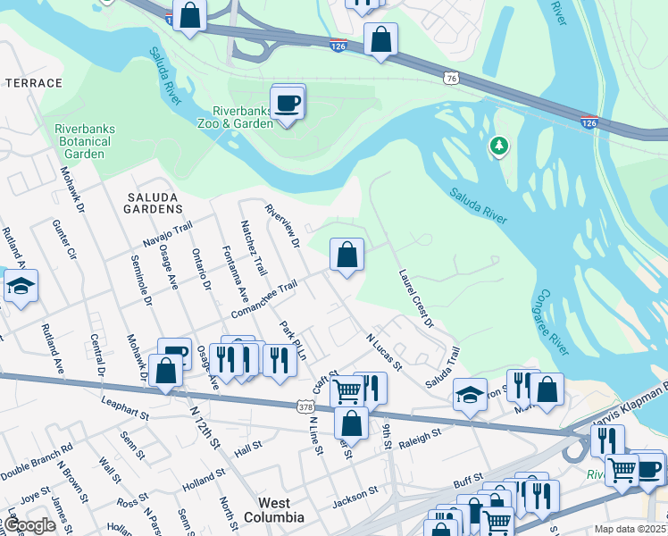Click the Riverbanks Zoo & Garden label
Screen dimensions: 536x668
(x=235, y=118)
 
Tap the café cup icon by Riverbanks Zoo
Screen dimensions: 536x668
(x=288, y=104)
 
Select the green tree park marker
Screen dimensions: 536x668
(x=499, y=146)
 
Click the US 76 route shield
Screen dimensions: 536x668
(x=452, y=79)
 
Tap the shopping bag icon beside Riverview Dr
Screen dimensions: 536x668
(x=347, y=255)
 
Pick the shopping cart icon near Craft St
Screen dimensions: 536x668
(x=347, y=389)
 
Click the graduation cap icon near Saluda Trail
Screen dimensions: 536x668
(x=470, y=394)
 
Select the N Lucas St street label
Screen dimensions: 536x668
(x=385, y=351)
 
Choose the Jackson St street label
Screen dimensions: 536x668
(x=357, y=490)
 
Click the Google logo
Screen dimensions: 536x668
(x=30, y=525)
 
